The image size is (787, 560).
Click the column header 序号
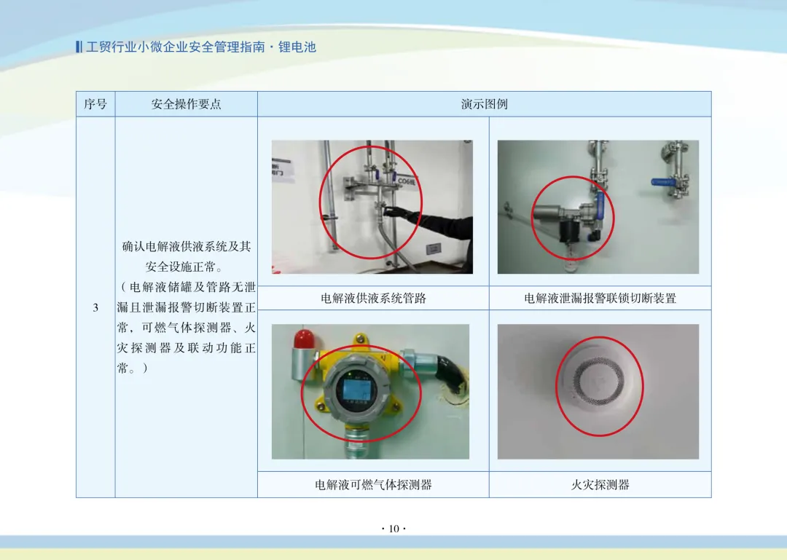coord(95,104)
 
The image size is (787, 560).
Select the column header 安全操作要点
coord(187,104)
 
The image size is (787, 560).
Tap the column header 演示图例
coord(485,104)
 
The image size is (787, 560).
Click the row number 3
coord(95,307)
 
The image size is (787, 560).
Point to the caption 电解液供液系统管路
coord(373,299)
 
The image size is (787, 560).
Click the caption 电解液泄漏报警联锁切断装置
coord(600,299)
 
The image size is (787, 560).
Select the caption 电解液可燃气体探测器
coord(373,485)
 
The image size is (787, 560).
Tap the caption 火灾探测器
coord(600,485)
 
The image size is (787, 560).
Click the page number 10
coord(394,529)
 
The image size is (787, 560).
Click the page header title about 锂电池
coord(201,47)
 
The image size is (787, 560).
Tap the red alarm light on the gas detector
coord(304,339)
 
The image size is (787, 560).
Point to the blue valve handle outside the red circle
coord(662,181)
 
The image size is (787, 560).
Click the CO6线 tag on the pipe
coord(406,181)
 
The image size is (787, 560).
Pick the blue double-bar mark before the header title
coord(79,47)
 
